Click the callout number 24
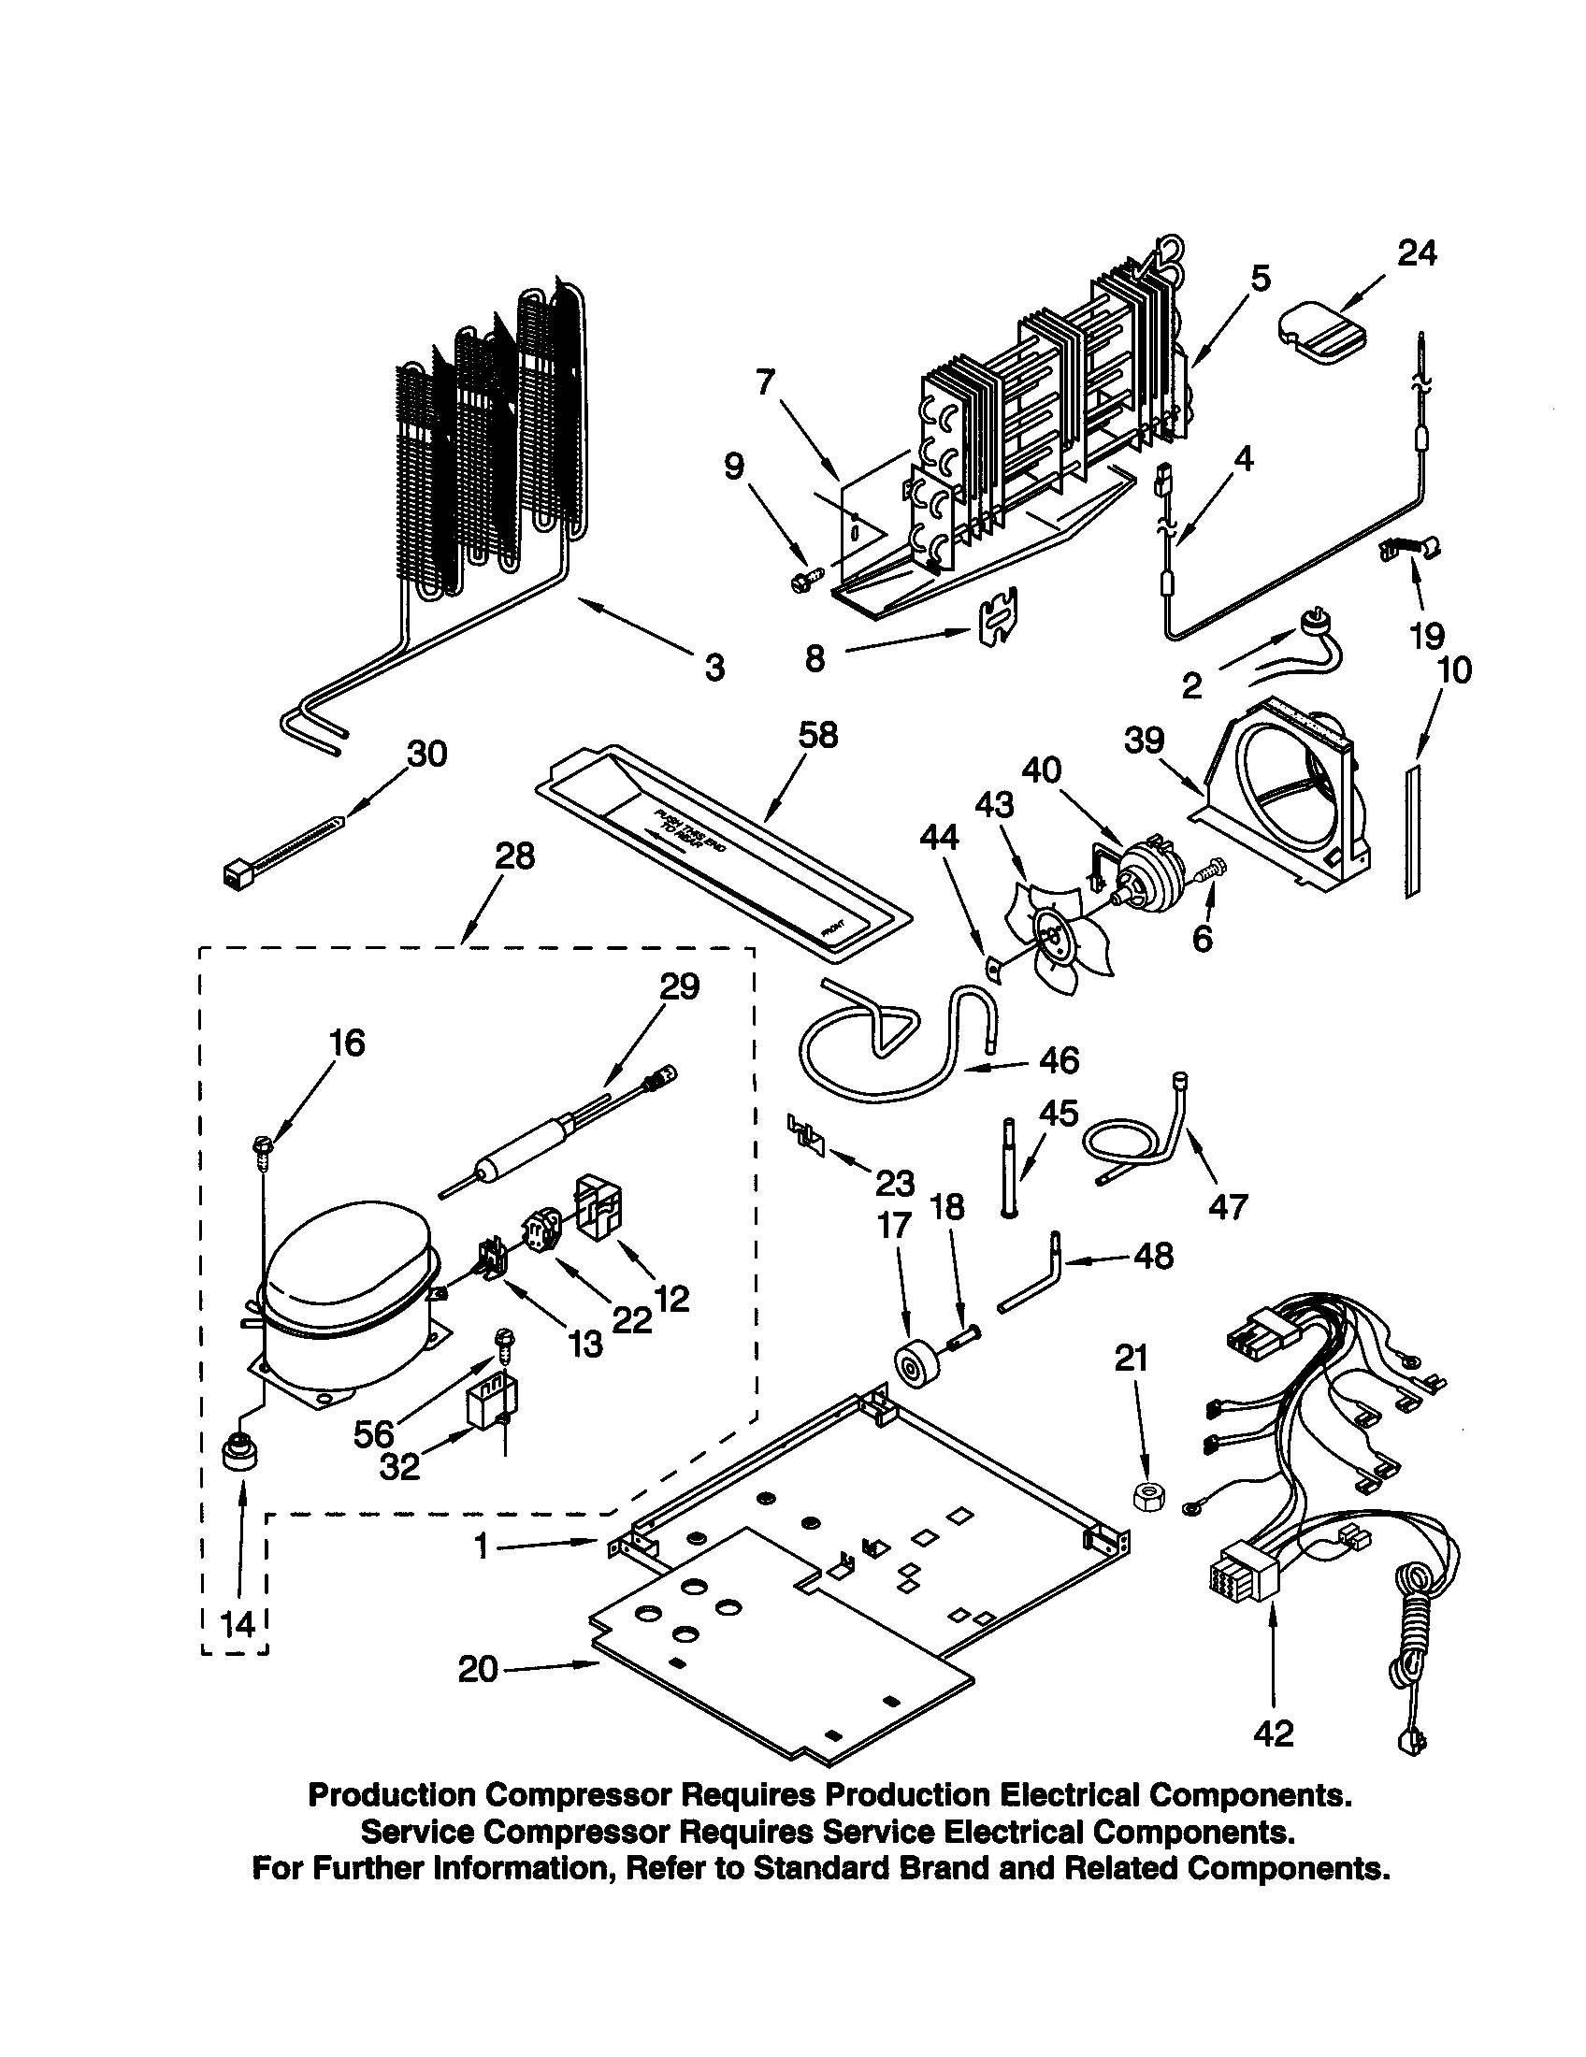coord(1417,253)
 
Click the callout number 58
coord(817,735)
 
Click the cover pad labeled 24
coord(1319,335)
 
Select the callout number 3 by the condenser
coord(714,668)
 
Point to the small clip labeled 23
coord(806,1133)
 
